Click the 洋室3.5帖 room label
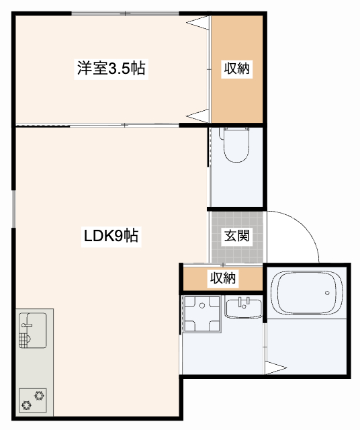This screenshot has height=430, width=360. tap(111, 69)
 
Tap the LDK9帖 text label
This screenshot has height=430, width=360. tap(111, 236)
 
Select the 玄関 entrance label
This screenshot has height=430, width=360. tap(236, 236)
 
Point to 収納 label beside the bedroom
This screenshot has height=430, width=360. tap(237, 69)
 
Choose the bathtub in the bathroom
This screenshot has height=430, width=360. tap(306, 294)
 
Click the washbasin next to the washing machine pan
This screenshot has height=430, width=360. tap(242, 309)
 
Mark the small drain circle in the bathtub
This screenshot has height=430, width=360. tap(326, 292)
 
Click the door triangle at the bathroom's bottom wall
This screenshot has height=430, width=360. tap(275, 368)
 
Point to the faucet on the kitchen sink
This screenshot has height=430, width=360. tap(27, 327)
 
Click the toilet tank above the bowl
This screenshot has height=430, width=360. tap(236, 133)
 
